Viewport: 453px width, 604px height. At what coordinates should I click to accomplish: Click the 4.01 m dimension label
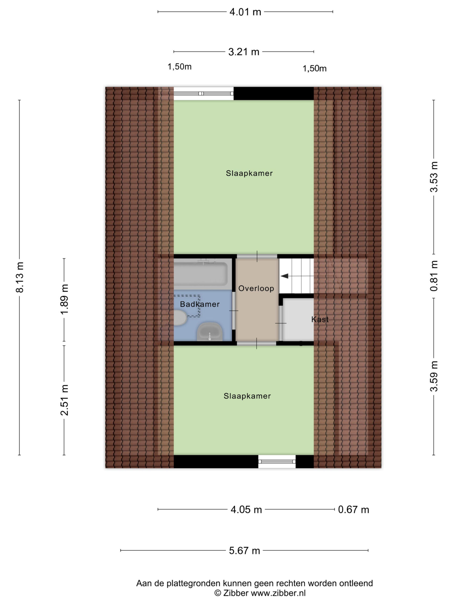(245, 12)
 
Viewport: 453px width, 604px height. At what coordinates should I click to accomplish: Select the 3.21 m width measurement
(243, 52)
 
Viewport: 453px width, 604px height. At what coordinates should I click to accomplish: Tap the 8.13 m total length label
(20, 277)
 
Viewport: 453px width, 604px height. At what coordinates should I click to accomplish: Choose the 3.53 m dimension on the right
(434, 177)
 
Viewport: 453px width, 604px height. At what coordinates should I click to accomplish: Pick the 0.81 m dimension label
(434, 276)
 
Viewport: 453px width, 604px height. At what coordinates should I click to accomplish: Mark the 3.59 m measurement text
(434, 376)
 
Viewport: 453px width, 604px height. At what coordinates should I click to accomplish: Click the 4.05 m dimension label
(246, 510)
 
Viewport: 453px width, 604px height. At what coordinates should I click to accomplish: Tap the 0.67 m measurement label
(353, 510)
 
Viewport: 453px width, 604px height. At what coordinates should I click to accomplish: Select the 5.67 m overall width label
(244, 550)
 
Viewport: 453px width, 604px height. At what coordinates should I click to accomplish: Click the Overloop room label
(256, 288)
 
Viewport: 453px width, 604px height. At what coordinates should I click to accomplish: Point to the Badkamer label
(200, 304)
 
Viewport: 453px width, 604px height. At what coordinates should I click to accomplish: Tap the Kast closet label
(320, 319)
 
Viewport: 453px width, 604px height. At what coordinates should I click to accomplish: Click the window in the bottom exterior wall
(277, 461)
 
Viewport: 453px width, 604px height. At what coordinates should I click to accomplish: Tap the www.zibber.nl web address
(278, 593)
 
